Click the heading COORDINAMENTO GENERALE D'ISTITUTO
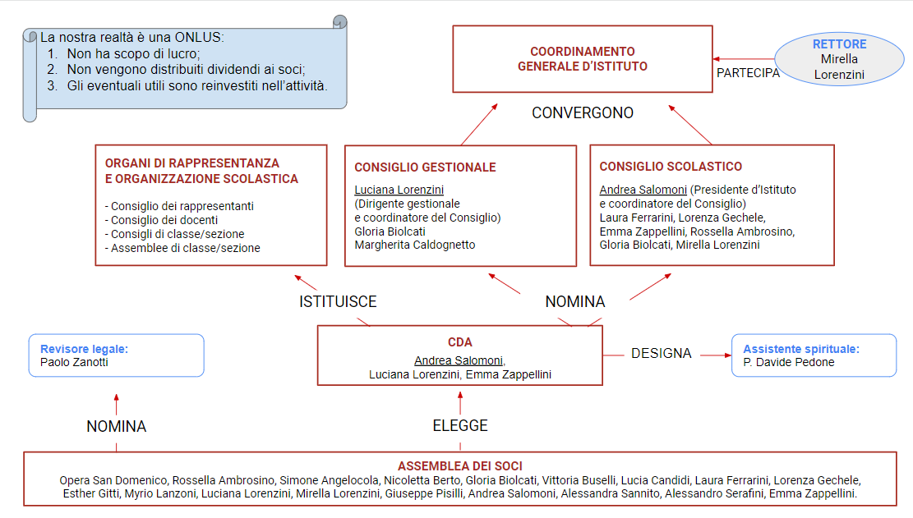(583, 59)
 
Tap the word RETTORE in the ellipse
(839, 44)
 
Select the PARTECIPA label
(748, 73)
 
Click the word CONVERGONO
(583, 112)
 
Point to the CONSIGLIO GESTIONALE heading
(425, 167)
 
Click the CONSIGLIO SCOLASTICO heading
(671, 167)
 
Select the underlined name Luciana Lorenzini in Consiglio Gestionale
(399, 190)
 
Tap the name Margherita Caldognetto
(414, 245)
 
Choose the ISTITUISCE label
(338, 302)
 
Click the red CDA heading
(460, 342)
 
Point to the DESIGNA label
(662, 354)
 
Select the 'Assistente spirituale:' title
(801, 349)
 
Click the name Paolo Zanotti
(74, 362)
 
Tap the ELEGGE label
(460, 425)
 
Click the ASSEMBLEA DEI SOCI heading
(460, 466)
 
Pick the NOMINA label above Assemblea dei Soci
(117, 427)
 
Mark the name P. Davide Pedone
(789, 362)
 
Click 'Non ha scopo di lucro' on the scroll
(133, 53)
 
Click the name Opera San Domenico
(113, 480)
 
